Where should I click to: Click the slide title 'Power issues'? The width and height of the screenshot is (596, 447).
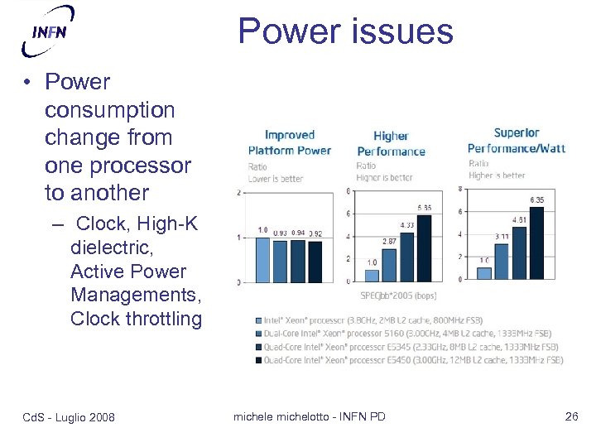[345, 31]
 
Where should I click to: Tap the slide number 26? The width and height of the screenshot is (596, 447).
[571, 416]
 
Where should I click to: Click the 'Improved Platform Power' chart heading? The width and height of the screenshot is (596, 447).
[289, 142]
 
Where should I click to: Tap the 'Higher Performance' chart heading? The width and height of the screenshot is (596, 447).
[391, 143]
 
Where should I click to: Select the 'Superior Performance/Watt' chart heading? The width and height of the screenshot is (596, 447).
[516, 140]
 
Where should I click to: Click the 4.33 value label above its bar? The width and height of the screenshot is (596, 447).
[406, 223]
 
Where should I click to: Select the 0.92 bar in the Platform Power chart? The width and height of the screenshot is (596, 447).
[316, 261]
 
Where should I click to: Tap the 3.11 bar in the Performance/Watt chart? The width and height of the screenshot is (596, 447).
[501, 261]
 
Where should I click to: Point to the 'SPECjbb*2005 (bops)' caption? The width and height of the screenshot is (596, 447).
[398, 296]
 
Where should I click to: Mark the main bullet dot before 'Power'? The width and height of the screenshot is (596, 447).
[28, 82]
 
